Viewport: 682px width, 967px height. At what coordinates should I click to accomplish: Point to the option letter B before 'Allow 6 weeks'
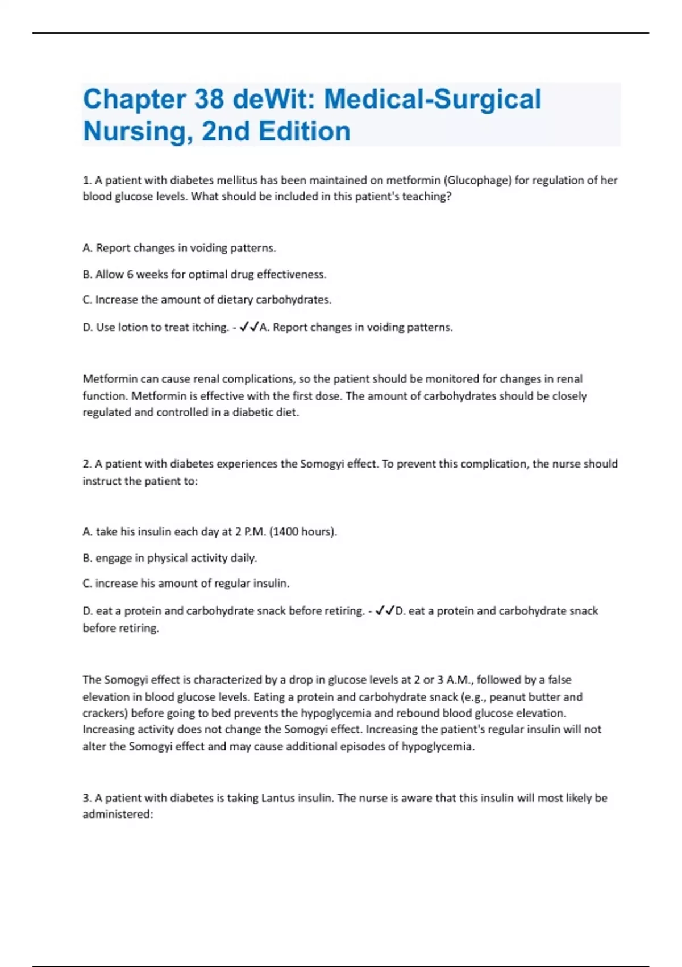pyautogui.click(x=86, y=274)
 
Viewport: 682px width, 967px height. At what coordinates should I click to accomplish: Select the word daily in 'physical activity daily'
pyautogui.click(x=244, y=558)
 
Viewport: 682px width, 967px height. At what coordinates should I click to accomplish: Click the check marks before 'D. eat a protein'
pyautogui.click(x=385, y=611)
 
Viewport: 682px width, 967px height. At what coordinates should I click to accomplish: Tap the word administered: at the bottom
pyautogui.click(x=118, y=815)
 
